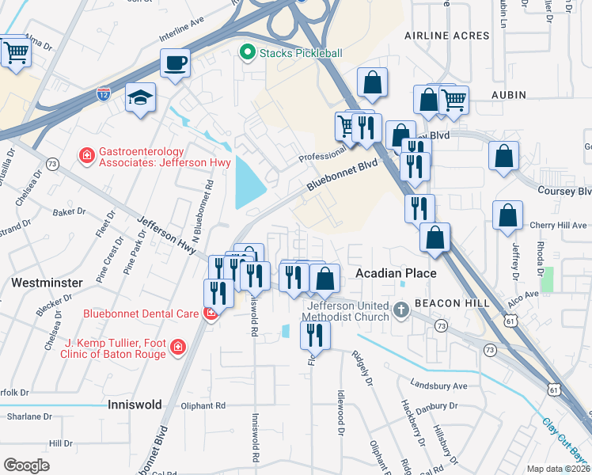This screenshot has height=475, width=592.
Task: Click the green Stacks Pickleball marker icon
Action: tap(247, 53)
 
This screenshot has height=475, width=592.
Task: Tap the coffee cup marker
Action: tap(175, 63)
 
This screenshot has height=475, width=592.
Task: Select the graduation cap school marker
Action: tap(141, 97)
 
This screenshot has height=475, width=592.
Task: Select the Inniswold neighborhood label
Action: tap(134, 405)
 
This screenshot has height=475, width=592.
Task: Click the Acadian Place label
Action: tap(396, 273)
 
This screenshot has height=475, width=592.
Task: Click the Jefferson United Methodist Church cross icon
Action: tap(401, 308)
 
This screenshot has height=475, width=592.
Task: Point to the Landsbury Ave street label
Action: tap(438, 386)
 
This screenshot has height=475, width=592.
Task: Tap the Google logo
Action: tap(26, 465)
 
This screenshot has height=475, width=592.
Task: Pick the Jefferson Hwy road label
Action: tap(166, 235)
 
